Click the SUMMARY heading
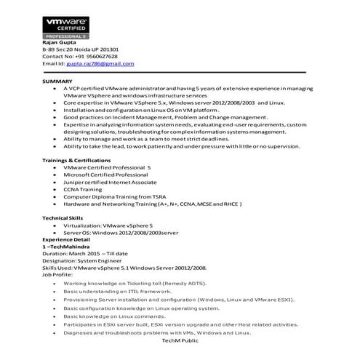click(x=57, y=81)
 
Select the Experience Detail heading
click(x=66, y=239)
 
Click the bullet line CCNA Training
click(x=83, y=189)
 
